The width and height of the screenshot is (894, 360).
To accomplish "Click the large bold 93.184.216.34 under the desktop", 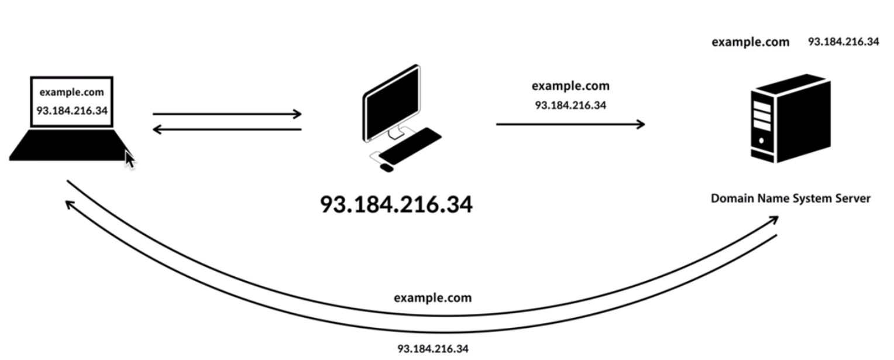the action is (396, 204).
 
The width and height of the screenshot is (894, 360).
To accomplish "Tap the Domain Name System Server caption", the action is (790, 198).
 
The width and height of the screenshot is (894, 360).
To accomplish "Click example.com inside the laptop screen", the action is (72, 92).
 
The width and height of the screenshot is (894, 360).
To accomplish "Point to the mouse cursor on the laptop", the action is (129, 158).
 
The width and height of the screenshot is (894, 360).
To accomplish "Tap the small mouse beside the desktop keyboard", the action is (386, 167).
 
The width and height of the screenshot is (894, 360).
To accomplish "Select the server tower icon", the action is (790, 121).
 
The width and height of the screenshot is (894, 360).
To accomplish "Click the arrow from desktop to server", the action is (570, 124).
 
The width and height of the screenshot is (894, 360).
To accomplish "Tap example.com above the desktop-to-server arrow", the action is (570, 86).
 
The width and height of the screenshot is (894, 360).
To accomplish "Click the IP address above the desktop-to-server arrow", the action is (570, 105).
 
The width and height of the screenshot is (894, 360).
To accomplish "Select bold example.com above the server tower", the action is (750, 42).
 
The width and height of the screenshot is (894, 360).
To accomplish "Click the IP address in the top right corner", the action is (843, 42).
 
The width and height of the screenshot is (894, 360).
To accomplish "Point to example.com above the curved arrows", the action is (432, 298).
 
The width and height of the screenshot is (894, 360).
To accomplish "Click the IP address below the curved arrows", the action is (433, 349).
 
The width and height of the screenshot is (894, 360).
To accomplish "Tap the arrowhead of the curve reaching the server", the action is (773, 220).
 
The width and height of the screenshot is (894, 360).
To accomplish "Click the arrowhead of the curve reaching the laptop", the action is (69, 204).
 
